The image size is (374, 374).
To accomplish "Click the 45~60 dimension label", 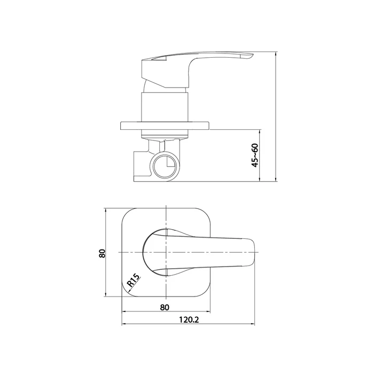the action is [x=255, y=155].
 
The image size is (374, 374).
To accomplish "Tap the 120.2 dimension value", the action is [x=189, y=320].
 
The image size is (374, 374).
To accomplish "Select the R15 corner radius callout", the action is [x=133, y=280].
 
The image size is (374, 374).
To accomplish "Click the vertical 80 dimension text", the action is [x=102, y=253].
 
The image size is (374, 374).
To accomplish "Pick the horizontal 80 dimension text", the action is [x=165, y=307].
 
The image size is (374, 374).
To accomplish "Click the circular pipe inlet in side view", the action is [x=165, y=166].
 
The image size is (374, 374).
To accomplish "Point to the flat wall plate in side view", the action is [x=165, y=126].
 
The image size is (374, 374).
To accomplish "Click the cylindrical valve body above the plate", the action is [x=165, y=107].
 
